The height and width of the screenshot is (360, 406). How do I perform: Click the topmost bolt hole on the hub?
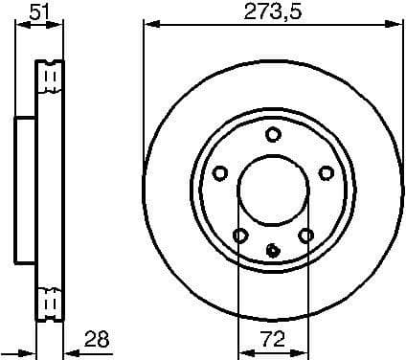coord(273,134)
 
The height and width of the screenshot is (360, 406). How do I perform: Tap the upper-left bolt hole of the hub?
coord(219,172)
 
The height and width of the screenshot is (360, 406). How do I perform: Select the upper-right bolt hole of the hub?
coord(327,172)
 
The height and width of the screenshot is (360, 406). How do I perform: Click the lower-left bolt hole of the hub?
coord(240,236)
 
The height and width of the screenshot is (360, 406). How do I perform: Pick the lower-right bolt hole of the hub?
coord(305,235)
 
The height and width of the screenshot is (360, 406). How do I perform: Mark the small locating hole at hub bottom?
coord(273,252)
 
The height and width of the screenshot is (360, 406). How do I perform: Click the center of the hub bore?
coord(273,191)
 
